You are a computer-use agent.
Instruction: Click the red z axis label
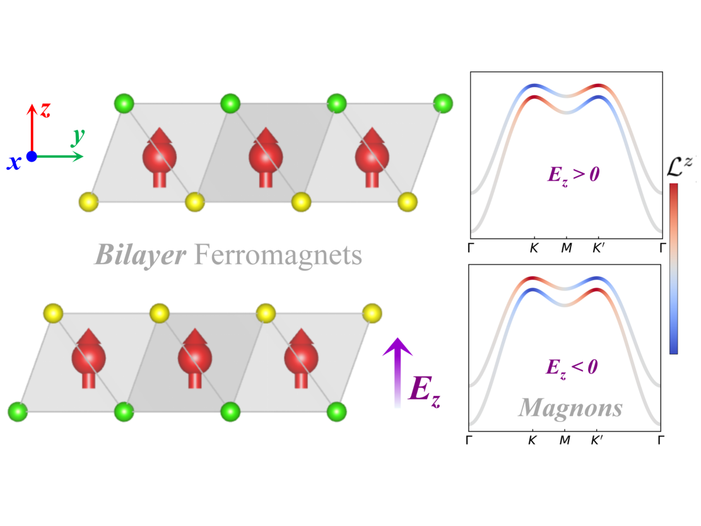pyautogui.click(x=45, y=110)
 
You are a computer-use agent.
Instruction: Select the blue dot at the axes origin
pyautogui.click(x=32, y=156)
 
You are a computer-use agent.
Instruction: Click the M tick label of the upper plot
pyautogui.click(x=566, y=248)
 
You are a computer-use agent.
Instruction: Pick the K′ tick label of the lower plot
pyautogui.click(x=597, y=440)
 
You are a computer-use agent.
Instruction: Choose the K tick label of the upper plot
pyautogui.click(x=534, y=248)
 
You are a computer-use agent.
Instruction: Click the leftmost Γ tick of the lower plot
pyautogui.click(x=470, y=440)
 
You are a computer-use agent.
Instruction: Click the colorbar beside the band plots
pyautogui.click(x=673, y=268)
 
